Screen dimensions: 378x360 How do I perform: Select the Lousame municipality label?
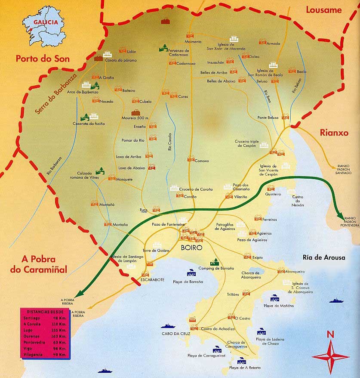tap(323, 10)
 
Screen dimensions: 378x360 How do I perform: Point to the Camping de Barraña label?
tap(216, 268)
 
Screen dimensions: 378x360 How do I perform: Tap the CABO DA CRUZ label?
tap(174, 333)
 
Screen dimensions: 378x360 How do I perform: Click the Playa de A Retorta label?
tap(245, 368)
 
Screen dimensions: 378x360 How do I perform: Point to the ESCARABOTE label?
tap(151, 279)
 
